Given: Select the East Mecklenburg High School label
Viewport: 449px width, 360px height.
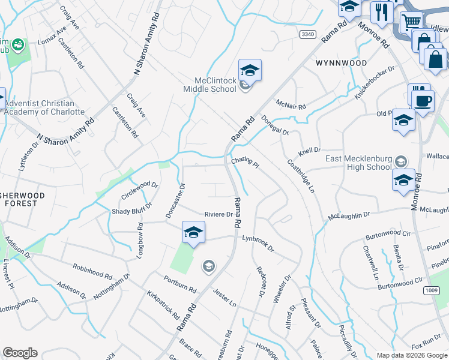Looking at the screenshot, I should pos(358,163).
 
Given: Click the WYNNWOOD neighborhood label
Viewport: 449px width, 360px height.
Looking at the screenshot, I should pos(341,62).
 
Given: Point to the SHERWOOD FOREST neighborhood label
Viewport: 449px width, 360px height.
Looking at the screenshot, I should pos(19,199).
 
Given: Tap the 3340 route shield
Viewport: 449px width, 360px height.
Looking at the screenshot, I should pos(307,35).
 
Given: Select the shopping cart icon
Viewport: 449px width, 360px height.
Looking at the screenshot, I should pos(411,23).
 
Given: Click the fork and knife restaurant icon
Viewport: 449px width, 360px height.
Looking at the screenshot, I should pos(381,11).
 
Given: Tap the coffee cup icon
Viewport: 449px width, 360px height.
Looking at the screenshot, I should pos(423,100).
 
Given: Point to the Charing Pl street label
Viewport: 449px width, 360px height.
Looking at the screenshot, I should pos(245,162).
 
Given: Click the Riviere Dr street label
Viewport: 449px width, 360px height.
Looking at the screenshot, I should pos(218,214).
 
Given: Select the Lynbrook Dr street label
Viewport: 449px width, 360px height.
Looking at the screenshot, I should pos(258,242).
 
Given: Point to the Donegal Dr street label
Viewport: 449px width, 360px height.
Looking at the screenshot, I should pos(275,124).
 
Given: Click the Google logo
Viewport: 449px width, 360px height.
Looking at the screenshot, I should pos(20,353).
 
